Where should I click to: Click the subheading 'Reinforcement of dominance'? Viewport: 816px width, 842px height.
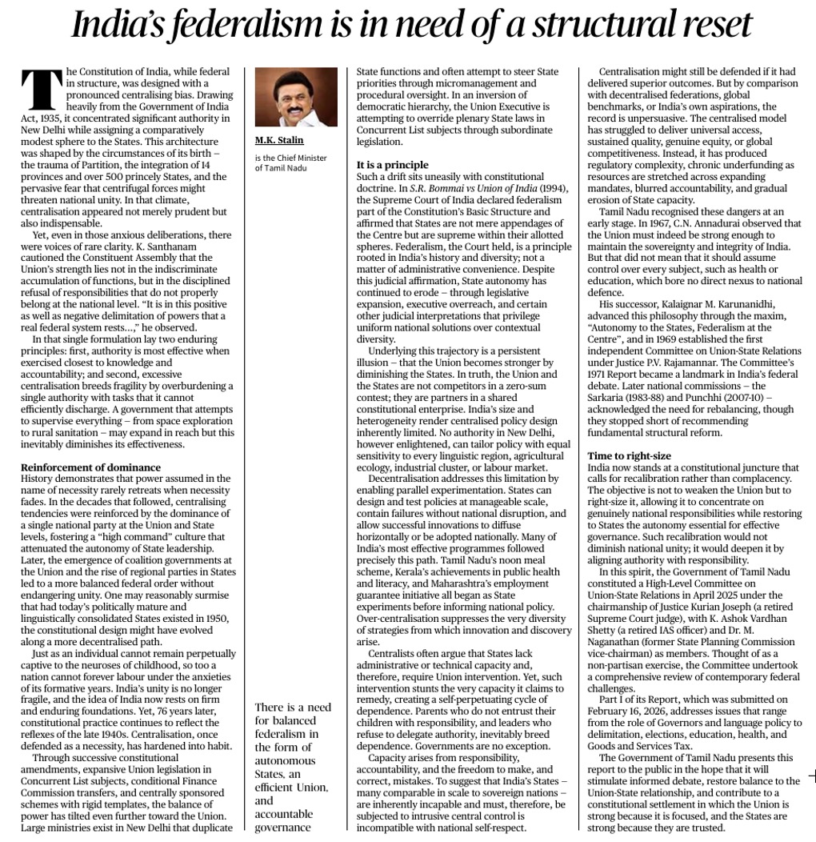pos(90,467)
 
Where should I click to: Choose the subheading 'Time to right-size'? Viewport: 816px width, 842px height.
pos(629,455)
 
